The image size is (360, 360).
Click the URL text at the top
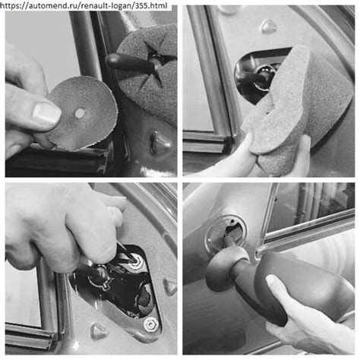[84, 5]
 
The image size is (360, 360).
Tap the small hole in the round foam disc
[80, 113]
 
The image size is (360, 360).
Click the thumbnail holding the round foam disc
[46, 112]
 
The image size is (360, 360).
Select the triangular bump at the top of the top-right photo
[269, 26]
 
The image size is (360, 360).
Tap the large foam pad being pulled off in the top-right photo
[298, 112]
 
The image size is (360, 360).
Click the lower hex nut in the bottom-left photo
[151, 324]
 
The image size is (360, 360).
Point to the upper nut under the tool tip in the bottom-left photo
[137, 262]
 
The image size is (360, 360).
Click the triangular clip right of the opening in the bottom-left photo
[170, 287]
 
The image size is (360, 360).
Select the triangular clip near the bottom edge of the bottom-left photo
[99, 331]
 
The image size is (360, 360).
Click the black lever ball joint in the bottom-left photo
[99, 276]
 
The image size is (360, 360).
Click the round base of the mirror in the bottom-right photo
[223, 268]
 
